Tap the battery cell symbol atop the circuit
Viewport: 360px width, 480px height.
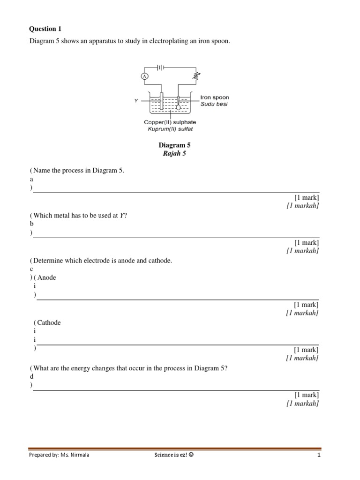160,67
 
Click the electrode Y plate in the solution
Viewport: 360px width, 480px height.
161,101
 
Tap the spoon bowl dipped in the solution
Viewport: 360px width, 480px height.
178,107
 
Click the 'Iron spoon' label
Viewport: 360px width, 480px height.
215,97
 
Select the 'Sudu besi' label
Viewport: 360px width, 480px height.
214,104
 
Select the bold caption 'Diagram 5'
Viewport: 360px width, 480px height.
174,145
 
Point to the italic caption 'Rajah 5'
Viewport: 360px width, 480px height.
174,154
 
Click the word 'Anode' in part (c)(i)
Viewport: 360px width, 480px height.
46,277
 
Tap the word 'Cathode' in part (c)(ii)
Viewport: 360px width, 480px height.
49,323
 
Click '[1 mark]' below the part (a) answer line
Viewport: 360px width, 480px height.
307,198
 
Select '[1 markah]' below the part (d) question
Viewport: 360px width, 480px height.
303,404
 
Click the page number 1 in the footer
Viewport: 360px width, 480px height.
319,455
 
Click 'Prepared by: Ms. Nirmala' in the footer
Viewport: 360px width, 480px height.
59,455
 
